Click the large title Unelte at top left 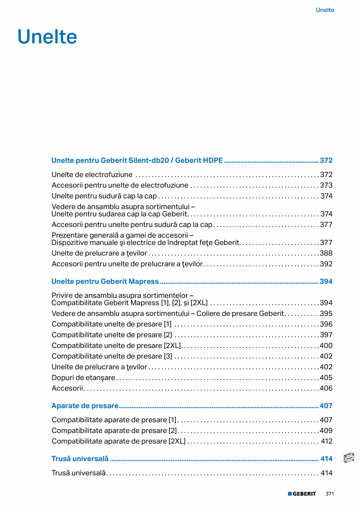tap(47, 37)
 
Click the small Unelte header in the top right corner tap(325, 10)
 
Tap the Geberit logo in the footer tap(302, 494)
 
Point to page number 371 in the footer tap(329, 494)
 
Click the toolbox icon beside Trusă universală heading tap(348, 458)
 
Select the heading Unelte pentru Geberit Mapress tap(105, 281)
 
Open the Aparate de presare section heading tap(85, 406)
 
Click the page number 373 tap(326, 185)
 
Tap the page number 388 tap(326, 253)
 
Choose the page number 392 tap(326, 264)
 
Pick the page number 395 tap(326, 313)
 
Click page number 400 tap(326, 345)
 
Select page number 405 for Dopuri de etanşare tap(326, 378)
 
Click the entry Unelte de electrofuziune tap(92, 174)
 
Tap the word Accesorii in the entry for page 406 tap(67, 388)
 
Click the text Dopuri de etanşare tap(83, 378)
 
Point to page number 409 tap(326, 430)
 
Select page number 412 tap(327, 441)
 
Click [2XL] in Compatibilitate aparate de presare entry tap(177, 441)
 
